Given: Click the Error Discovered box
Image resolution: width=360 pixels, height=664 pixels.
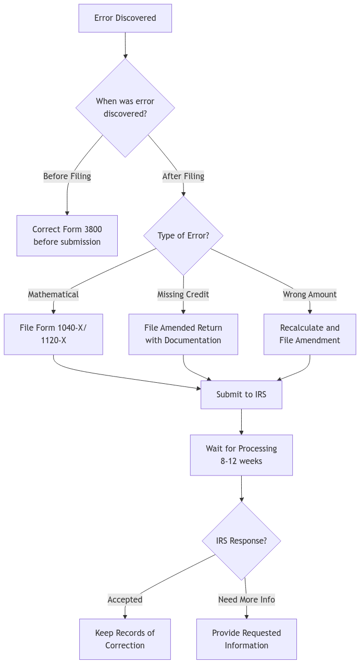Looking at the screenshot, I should tap(125, 18).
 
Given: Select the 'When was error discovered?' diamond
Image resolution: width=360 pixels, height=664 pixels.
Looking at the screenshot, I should tap(125, 108).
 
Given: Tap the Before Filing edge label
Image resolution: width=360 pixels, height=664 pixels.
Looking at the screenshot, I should tap(67, 177).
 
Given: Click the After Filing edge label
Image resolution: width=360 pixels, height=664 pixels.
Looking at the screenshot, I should tap(183, 177).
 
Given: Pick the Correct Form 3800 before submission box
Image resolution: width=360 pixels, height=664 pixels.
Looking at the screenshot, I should tap(67, 236).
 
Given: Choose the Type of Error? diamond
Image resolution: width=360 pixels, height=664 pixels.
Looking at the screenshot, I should tap(183, 236).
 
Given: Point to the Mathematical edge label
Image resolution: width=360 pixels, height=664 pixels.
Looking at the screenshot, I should tap(53, 295).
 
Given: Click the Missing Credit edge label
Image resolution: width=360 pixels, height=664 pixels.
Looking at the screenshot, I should tap(183, 295).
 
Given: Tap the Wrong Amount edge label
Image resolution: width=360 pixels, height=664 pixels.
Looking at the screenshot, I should tap(310, 295).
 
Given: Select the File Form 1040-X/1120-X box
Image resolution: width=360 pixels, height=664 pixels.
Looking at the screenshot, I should tap(53, 334).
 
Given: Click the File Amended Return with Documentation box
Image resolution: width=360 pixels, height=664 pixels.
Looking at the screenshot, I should tap(183, 334).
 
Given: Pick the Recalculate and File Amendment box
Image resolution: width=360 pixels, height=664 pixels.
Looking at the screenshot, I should tap(310, 334).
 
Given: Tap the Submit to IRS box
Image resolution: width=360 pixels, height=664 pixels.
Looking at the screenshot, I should tap(241, 395).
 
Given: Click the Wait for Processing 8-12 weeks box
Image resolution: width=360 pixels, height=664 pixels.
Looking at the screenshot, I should tap(241, 455).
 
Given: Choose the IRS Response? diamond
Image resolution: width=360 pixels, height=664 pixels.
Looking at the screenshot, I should tap(241, 541).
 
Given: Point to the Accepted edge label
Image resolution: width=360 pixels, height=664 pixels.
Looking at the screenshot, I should tap(125, 600).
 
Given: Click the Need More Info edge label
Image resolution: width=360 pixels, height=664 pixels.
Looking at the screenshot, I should tap(246, 600).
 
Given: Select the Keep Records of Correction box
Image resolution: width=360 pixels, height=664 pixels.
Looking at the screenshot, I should tap(125, 640).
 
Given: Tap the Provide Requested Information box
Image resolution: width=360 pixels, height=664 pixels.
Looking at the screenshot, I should tap(246, 640).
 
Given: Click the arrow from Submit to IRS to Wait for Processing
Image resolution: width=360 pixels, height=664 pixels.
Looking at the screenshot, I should tap(241, 422).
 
